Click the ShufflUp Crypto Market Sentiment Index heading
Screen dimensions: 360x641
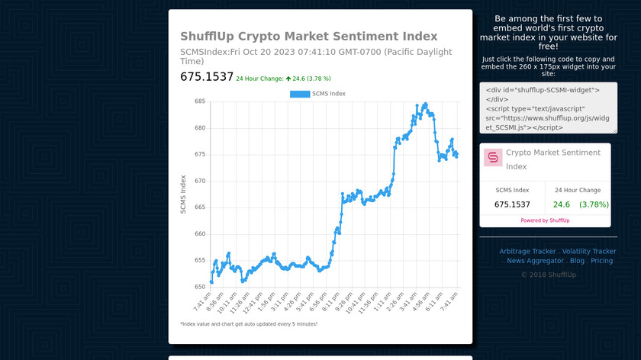[308, 37]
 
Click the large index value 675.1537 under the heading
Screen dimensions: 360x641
[206, 77]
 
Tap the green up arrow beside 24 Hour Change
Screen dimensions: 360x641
[288, 78]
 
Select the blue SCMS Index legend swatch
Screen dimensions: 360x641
[300, 94]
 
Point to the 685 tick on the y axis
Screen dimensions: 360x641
[200, 101]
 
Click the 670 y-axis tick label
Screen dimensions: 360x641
[200, 181]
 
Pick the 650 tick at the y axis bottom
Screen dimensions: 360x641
[200, 287]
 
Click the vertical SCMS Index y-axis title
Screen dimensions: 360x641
[183, 194]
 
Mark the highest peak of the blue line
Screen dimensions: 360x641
[425, 104]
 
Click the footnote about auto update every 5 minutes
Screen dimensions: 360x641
[248, 324]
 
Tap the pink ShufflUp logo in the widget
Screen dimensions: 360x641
[493, 158]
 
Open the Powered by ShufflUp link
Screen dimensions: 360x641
[545, 220]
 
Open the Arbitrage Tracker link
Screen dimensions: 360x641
[527, 252]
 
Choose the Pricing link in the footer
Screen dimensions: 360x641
[601, 261]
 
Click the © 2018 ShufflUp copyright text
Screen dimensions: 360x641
[549, 275]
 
